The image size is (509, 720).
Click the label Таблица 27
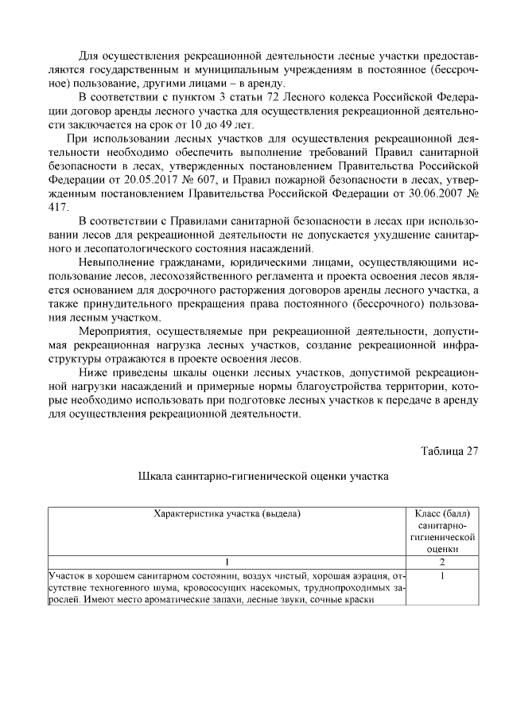tap(449, 451)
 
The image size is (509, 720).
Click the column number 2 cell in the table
tap(441, 562)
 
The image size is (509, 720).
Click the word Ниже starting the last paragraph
tap(93, 372)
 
